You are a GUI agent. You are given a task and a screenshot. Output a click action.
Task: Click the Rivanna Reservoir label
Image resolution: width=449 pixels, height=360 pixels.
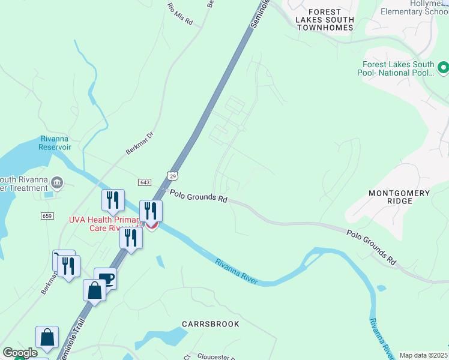click(55, 142)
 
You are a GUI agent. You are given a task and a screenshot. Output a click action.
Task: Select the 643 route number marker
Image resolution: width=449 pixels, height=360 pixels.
click(144, 182)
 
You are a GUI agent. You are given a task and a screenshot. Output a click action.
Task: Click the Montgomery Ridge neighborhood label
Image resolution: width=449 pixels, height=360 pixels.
click(399, 197)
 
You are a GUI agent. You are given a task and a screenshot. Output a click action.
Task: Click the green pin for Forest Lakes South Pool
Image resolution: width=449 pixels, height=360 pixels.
click(443, 67)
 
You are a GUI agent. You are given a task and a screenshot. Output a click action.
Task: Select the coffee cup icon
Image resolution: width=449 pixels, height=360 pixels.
click(106, 277)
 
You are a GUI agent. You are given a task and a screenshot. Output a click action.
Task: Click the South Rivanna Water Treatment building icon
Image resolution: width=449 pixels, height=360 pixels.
click(57, 181)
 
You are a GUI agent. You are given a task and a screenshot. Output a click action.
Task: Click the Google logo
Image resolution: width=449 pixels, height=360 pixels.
click(20, 353)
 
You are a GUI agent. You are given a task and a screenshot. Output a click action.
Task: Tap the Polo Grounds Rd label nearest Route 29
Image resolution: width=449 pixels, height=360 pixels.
click(198, 196)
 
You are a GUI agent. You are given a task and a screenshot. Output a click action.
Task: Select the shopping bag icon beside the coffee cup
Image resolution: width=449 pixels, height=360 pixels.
click(94, 290)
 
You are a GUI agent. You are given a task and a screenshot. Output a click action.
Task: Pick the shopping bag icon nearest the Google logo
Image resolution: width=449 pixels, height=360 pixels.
click(47, 337)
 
